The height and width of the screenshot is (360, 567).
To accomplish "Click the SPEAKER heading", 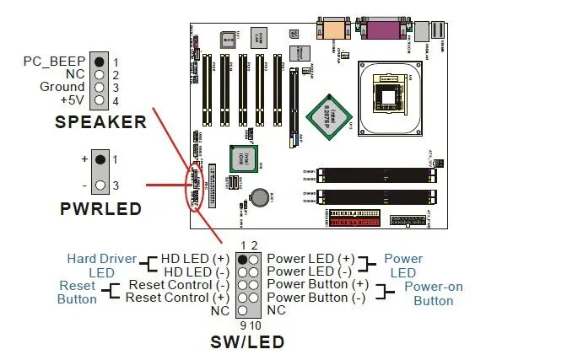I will point(101,121).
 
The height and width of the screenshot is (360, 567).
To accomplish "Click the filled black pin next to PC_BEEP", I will point(100,62).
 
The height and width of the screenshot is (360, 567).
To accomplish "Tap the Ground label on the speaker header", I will point(62,87).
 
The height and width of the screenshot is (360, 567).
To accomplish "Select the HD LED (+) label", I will point(196,259).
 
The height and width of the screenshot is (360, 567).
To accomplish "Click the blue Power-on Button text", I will point(434,293).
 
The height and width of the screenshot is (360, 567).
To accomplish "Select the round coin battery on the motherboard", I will point(262,197).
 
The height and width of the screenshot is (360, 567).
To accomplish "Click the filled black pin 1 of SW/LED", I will point(243,259).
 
